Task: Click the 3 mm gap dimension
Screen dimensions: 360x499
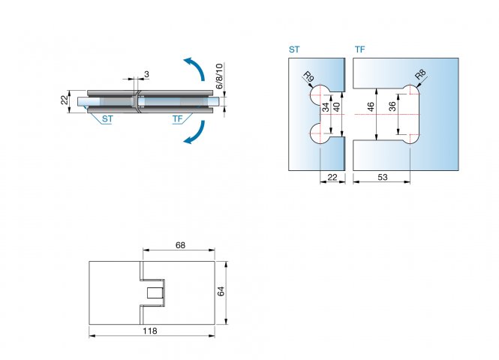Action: pyautogui.click(x=146, y=73)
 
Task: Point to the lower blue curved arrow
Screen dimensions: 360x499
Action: pyautogui.click(x=194, y=133)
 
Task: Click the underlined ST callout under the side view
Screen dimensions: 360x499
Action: pyautogui.click(x=107, y=119)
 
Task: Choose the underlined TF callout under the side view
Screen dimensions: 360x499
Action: pyautogui.click(x=177, y=119)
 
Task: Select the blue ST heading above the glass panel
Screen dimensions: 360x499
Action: pyautogui.click(x=294, y=50)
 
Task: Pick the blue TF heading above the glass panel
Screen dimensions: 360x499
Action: pyautogui.click(x=359, y=50)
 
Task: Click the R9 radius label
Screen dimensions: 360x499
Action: pyautogui.click(x=308, y=76)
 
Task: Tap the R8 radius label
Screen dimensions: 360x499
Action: pyautogui.click(x=420, y=76)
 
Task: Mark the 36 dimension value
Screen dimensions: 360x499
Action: pyautogui.click(x=392, y=107)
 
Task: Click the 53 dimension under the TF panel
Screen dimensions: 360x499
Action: pyautogui.click(x=382, y=177)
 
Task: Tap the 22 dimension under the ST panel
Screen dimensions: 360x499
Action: pyautogui.click(x=332, y=177)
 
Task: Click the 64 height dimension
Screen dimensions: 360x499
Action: pyautogui.click(x=221, y=291)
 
